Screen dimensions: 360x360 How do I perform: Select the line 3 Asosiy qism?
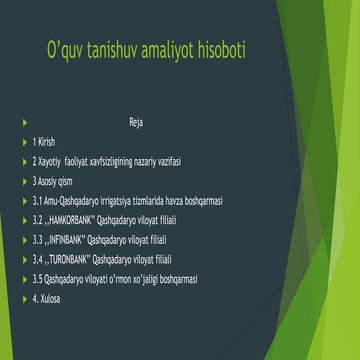(x=54, y=181)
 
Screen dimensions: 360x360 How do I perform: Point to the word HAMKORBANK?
(x=77, y=220)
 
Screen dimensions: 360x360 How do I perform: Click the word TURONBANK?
(x=74, y=259)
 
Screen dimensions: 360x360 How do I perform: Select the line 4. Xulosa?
(x=49, y=298)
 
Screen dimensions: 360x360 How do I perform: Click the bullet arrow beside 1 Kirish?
(x=23, y=142)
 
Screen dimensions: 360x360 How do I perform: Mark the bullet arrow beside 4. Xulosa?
(x=23, y=298)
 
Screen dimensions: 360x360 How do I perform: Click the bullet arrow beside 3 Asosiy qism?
(x=23, y=181)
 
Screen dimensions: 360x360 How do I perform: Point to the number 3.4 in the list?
(x=38, y=259)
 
